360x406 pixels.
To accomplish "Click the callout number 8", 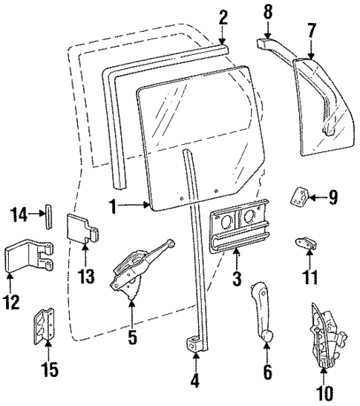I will pyautogui.click(x=266, y=10).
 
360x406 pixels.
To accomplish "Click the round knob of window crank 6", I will pyautogui.click(x=266, y=338).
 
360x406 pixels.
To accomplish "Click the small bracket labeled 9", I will pyautogui.click(x=301, y=196).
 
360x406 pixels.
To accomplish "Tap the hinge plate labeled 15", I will pyautogui.click(x=45, y=327).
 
